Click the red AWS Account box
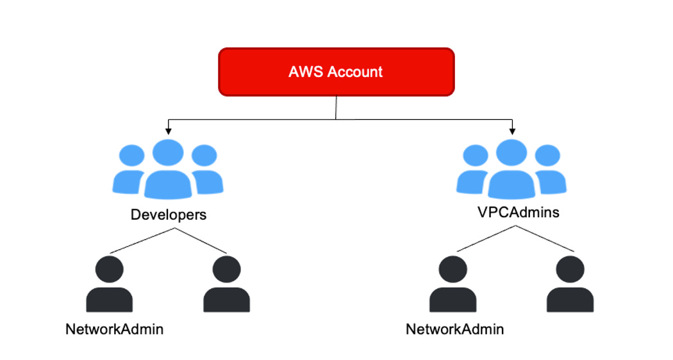click(x=336, y=71)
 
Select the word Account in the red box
click(x=355, y=72)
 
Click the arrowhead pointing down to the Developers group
click(x=168, y=131)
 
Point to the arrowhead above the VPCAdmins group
click(x=511, y=131)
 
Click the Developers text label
click(x=169, y=215)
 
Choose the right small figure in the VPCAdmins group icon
click(x=549, y=170)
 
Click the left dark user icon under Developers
click(x=110, y=284)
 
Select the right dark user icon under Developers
click(x=226, y=284)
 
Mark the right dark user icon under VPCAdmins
click(x=570, y=284)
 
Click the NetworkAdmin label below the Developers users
click(x=114, y=329)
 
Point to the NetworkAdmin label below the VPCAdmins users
click(x=454, y=329)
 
